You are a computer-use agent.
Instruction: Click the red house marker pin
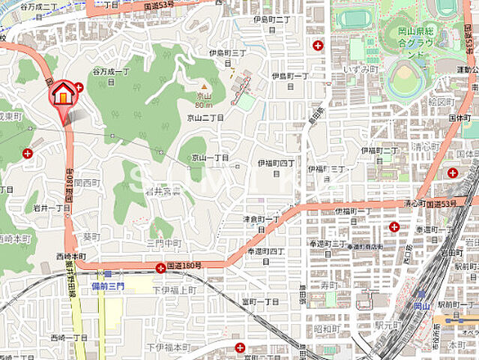coord(64,94)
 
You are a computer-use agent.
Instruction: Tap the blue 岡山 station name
coord(421,306)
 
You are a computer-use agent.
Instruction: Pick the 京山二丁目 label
coord(206,118)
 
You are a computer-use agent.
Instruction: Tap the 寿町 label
coord(328,286)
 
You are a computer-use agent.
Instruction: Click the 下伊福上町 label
coord(173,289)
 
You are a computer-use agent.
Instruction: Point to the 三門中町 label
coord(164,243)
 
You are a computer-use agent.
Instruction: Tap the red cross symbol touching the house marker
coord(78,88)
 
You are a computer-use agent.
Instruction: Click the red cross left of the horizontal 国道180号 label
coord(160,268)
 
